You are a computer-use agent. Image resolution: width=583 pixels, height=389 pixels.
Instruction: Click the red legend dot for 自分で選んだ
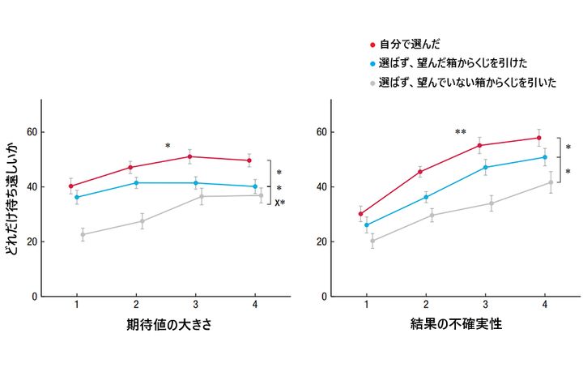tap(372, 45)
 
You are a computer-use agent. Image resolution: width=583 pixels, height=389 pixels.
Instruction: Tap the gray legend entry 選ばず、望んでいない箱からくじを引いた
tap(468, 83)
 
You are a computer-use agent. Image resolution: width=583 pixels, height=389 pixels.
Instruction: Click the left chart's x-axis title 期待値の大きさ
tap(164, 325)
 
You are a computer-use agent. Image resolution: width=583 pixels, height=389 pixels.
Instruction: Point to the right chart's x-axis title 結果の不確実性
tap(455, 325)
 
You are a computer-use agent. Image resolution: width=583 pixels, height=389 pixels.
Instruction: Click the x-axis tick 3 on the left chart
tap(195, 306)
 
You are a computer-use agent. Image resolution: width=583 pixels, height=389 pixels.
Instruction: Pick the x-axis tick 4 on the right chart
tap(544, 306)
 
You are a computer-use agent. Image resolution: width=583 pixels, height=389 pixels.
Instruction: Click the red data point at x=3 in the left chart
tap(189, 156)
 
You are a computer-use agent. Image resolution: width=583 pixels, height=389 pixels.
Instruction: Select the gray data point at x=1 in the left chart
tap(83, 235)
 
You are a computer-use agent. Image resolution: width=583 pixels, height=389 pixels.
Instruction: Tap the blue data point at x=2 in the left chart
tap(136, 183)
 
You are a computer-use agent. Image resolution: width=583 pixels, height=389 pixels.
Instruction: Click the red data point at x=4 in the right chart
tap(538, 138)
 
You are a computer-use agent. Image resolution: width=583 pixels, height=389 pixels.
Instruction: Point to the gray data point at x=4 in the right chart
tap(551, 182)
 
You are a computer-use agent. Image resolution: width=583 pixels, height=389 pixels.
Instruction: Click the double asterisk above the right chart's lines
tap(461, 132)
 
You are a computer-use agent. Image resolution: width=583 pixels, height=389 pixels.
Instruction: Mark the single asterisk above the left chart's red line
tap(168, 146)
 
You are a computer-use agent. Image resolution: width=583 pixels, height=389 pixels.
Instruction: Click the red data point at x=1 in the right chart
tap(360, 214)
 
